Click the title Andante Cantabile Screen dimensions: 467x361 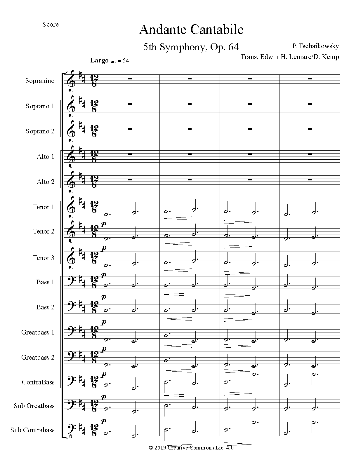(x=191, y=30)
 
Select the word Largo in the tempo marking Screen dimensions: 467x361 (x=99, y=60)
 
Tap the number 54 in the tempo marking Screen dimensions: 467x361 (x=126, y=61)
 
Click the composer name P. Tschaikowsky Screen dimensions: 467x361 (x=315, y=46)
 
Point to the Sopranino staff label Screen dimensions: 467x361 (x=40, y=81)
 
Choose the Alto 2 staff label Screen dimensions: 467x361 (x=46, y=182)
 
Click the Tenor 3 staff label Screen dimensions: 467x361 (x=44, y=258)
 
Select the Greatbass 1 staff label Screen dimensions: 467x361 (x=38, y=332)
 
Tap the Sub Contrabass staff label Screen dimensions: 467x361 (x=32, y=430)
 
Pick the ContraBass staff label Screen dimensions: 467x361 (x=38, y=382)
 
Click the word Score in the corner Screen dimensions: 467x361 (x=50, y=25)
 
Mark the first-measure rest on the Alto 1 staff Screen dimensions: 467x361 (x=130, y=154)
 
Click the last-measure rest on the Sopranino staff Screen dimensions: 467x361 (x=310, y=79)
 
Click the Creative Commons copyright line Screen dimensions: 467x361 (x=191, y=456)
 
